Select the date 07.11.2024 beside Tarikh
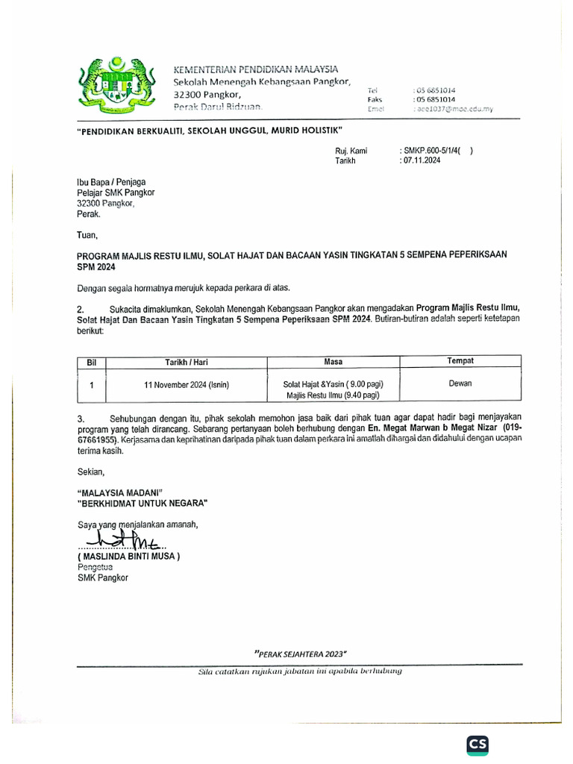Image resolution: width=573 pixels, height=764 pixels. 422,160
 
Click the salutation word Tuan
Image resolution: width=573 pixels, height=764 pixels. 88,235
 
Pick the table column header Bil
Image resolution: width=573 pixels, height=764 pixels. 92,362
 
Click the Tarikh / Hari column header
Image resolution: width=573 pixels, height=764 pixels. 187,362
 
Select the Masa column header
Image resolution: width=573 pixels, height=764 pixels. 333,362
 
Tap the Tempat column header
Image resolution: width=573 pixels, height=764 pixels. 460,361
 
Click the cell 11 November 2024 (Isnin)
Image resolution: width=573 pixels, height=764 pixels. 187,385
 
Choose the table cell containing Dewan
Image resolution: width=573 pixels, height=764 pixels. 460,383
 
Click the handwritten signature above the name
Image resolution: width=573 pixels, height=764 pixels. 119,539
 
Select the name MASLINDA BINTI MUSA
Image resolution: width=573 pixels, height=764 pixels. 128,557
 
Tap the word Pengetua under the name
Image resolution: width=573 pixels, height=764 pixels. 95,567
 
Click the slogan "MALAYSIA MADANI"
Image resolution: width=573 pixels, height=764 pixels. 119,492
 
